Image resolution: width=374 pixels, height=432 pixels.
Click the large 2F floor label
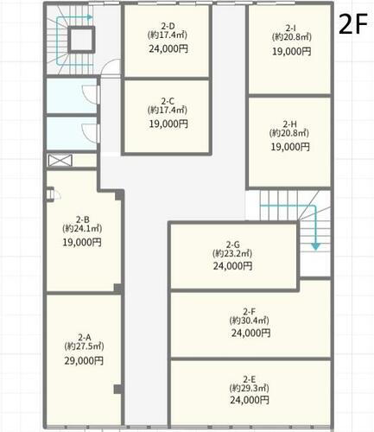click(353, 24)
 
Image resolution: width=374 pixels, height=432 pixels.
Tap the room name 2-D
click(168, 27)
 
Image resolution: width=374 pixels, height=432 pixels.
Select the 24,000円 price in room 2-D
click(168, 48)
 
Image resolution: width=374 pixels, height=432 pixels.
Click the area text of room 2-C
click(168, 110)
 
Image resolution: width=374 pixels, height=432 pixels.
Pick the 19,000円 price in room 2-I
click(292, 51)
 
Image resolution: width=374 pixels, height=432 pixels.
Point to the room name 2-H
click(289, 124)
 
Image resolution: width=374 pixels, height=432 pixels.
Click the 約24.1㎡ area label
click(82, 228)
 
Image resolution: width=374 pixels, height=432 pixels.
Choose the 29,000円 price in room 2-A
click(84, 360)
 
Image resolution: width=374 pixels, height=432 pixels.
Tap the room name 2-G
click(232, 245)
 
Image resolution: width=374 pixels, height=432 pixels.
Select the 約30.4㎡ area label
click(250, 320)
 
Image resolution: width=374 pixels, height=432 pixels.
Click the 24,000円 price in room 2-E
click(250, 400)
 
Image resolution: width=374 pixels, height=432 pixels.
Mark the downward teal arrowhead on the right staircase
click(316, 246)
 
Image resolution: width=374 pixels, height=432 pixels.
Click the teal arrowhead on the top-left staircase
click(90, 17)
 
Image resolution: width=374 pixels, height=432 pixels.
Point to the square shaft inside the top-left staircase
click(81, 40)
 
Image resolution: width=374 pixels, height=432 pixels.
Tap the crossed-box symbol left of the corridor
click(60, 161)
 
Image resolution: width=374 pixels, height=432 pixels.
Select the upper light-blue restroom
click(72, 96)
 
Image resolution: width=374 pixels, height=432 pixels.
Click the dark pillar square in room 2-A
click(117, 389)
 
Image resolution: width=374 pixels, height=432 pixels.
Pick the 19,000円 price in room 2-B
click(82, 242)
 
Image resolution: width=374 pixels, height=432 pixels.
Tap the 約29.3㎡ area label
click(250, 388)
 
